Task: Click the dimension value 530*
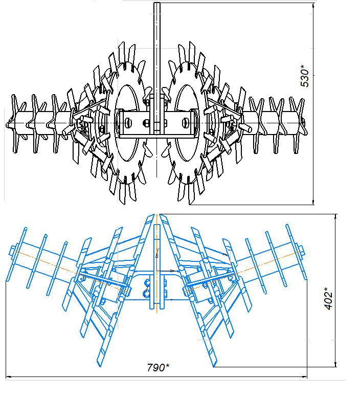(305, 76)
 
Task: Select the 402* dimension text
(328, 299)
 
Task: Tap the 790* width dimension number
(158, 367)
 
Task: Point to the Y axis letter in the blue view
(157, 250)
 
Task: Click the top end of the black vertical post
(157, 3)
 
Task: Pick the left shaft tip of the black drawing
(7, 124)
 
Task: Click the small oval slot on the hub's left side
(129, 123)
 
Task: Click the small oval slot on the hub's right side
(185, 123)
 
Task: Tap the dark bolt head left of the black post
(147, 123)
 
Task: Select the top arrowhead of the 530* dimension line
(313, 6)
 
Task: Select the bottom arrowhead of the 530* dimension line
(313, 202)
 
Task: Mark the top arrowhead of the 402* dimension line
(336, 217)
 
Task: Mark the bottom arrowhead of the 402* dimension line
(336, 364)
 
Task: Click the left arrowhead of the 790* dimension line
(9, 377)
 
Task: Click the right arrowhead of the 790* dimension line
(304, 377)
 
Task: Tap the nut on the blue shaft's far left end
(12, 250)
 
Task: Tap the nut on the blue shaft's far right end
(301, 250)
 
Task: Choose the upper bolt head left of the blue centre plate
(147, 283)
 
